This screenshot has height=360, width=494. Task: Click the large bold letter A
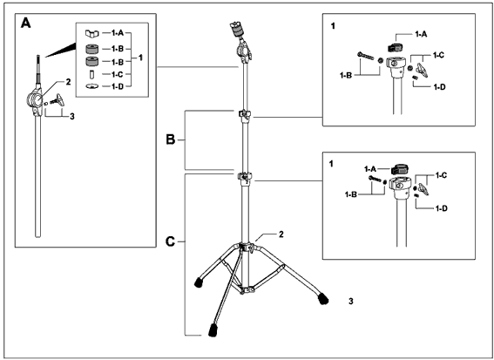26,23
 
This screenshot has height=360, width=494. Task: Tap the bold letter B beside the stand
171,139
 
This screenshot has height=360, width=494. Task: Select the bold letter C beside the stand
171,241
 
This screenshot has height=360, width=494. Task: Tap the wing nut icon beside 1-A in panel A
92,33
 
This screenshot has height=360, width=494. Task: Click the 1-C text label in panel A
117,74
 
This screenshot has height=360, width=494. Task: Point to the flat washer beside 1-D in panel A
92,86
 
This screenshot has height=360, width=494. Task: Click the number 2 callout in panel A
68,82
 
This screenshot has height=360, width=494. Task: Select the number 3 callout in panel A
72,117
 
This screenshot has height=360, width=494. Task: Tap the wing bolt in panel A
58,99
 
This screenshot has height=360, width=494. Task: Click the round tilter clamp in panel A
34,100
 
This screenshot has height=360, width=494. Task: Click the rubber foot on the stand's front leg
213,330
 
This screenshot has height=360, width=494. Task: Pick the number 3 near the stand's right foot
351,301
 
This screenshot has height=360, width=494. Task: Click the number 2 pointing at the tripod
281,234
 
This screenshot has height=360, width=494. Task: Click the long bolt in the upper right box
365,56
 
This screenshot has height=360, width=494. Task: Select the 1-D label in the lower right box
442,208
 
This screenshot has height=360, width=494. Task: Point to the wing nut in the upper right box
422,70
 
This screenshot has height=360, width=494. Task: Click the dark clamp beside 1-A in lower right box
399,169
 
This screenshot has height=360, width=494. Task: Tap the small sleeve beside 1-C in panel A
92,74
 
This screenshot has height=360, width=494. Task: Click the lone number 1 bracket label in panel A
140,58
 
